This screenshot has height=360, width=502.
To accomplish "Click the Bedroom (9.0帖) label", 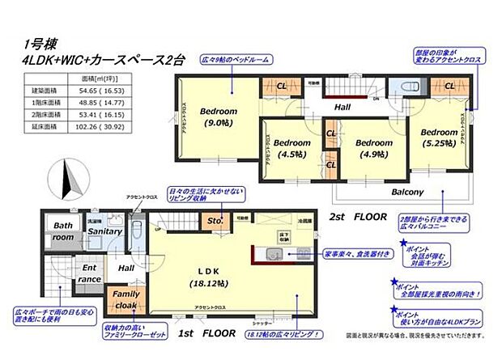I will pyautogui.click(x=219, y=117).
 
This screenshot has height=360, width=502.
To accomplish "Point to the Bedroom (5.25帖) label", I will pyautogui.click(x=440, y=138).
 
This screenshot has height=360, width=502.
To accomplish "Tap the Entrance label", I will pyautogui.click(x=90, y=273).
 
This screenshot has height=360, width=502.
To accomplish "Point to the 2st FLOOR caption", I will pyautogui.click(x=359, y=218).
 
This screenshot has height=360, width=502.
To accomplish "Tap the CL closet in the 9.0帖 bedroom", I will pyautogui.click(x=283, y=86).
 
